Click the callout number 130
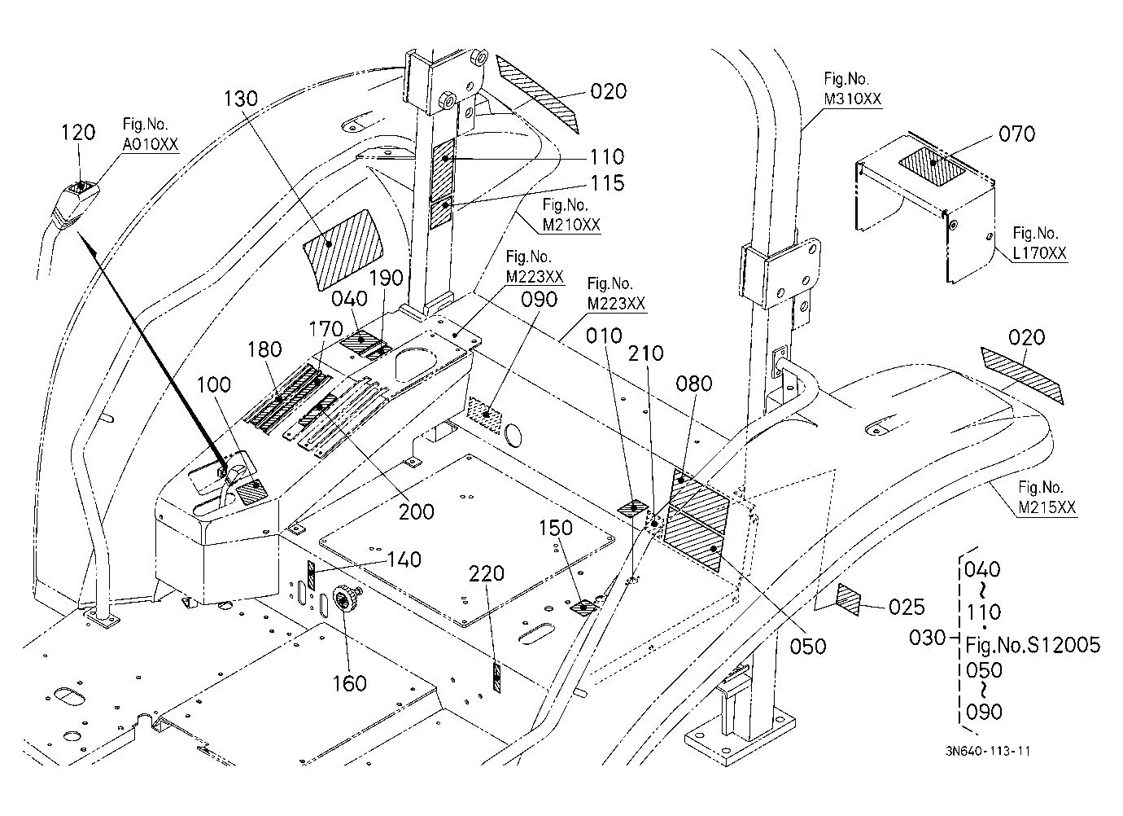[241, 99]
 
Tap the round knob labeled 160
[345, 598]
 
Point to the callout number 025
[907, 608]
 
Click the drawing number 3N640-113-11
[988, 751]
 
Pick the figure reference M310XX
[853, 99]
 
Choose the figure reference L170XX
[1039, 253]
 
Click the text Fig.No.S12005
[1033, 645]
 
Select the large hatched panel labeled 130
[343, 249]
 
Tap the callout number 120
[78, 133]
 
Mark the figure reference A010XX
[151, 144]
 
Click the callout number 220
[487, 573]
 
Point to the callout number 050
[807, 647]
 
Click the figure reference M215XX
[1047, 507]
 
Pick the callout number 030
[928, 638]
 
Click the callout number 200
[416, 512]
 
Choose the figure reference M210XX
[571, 225]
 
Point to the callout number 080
[694, 384]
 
